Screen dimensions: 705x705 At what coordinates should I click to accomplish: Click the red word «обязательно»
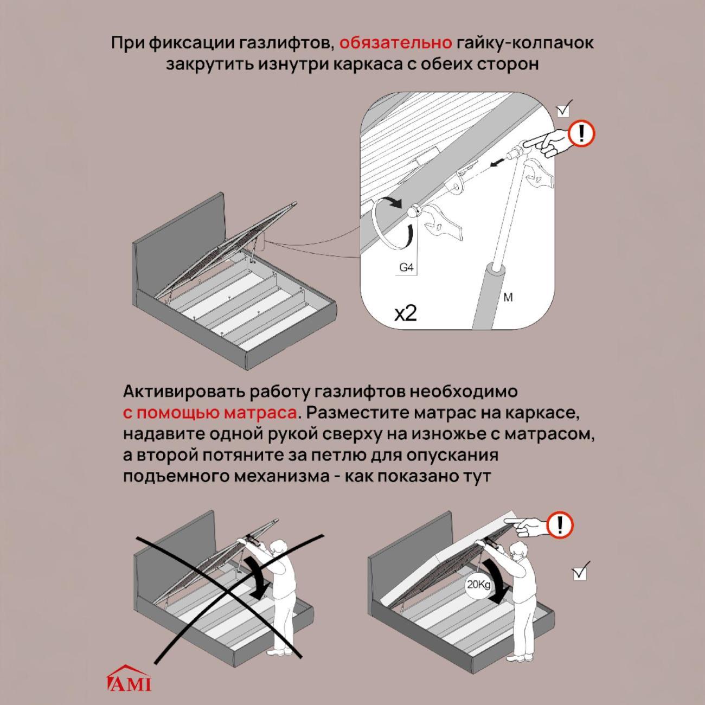coord(395,43)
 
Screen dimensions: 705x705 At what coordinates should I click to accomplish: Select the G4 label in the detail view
coord(406,268)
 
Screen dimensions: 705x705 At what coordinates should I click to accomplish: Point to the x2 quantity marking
coord(405,313)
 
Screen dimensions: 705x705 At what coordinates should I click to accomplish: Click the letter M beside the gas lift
coord(508,297)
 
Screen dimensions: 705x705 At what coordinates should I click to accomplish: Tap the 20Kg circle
coord(478,585)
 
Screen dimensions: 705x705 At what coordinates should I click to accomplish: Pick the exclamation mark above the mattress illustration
coord(560,525)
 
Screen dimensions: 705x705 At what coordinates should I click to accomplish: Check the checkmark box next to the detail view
coord(563,108)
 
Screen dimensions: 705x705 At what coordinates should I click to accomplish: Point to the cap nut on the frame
coord(413,211)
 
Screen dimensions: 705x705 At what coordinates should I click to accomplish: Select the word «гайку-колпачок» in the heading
coord(524,43)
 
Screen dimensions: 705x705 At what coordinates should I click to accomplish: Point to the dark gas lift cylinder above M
coord(490,296)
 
